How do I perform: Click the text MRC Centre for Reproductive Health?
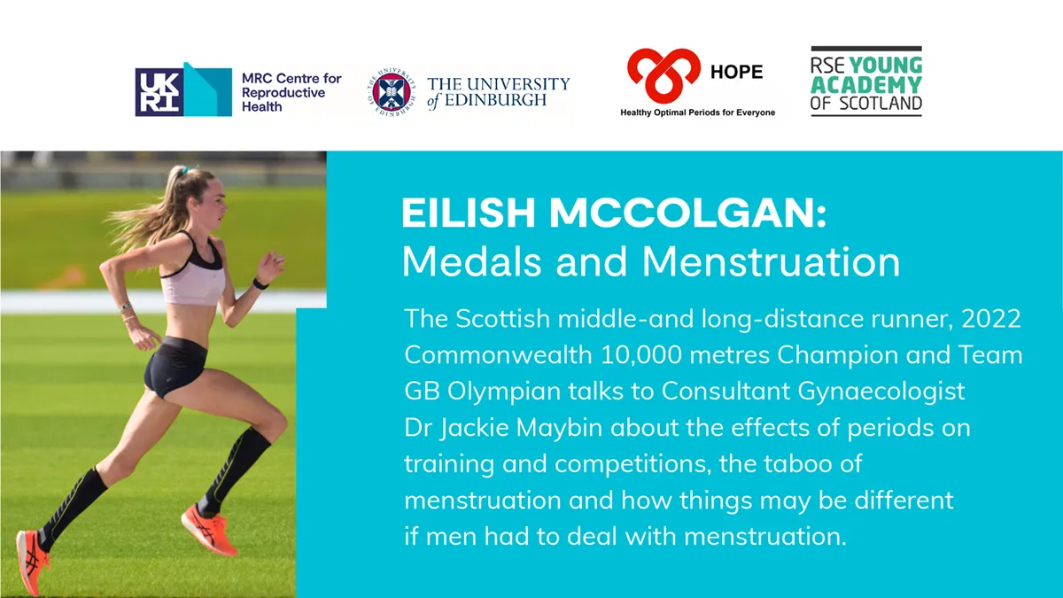[291, 92]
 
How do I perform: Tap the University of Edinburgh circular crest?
[392, 92]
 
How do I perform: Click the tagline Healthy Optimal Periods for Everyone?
[697, 113]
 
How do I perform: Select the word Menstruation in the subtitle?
[771, 261]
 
